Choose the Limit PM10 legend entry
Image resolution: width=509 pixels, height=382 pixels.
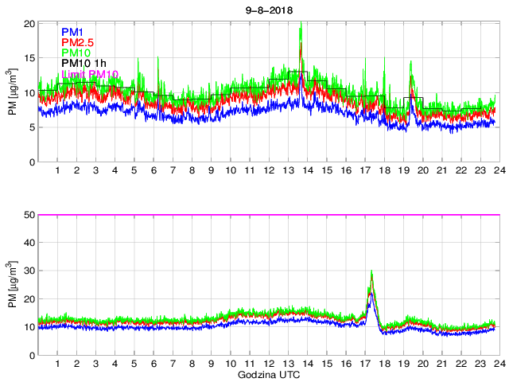(x=89, y=75)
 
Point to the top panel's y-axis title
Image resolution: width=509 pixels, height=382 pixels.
(x=12, y=92)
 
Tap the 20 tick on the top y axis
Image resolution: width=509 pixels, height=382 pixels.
(x=29, y=24)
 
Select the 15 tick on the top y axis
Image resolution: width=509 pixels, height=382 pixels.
(x=29, y=58)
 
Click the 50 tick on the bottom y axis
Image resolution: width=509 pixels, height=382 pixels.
(x=29, y=215)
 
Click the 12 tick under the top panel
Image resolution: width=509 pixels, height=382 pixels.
(x=268, y=171)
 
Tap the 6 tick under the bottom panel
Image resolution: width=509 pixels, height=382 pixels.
(x=153, y=364)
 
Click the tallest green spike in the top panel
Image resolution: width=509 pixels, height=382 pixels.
(x=301, y=23)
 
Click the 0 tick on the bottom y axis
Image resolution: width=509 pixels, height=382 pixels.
(x=31, y=355)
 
